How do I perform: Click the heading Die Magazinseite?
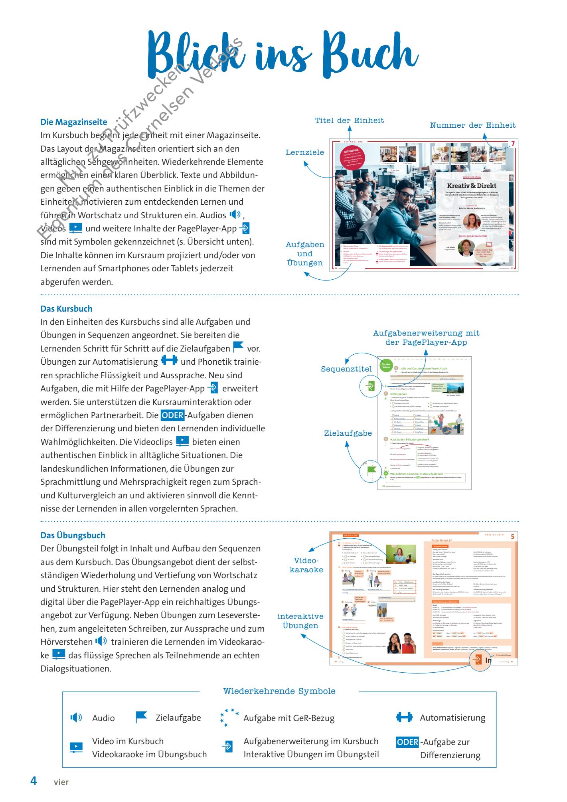point(74,122)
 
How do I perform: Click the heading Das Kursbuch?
point(66,309)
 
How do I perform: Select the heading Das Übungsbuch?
point(73,535)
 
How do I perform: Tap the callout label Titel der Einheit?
point(350,120)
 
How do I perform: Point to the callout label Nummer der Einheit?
point(472,125)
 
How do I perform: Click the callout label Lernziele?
point(304,152)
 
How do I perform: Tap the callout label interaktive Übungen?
point(300,621)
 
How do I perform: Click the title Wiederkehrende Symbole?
point(279,691)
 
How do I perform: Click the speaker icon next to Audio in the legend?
point(77,718)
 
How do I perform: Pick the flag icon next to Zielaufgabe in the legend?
point(141,717)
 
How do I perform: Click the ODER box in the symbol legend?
point(407,743)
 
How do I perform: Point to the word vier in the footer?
point(61,782)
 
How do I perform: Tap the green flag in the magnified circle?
point(369,472)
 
